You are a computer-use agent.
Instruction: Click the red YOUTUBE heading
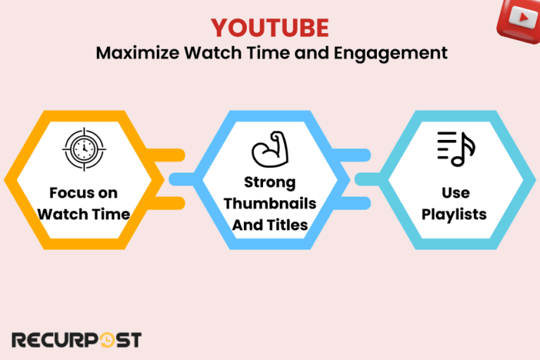pos(270,28)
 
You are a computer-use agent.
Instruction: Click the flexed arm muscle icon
pos(269,150)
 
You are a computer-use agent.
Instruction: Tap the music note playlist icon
pos(456,149)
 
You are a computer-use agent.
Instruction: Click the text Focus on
pos(83,193)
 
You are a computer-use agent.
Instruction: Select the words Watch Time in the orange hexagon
pos(83,214)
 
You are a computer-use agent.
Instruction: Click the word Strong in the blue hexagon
pos(269,182)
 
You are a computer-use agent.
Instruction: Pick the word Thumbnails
pos(269,203)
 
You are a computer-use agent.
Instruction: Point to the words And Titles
pos(269,224)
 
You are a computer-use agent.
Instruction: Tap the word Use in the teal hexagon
pos(456,192)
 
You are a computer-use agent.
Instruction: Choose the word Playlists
pos(456,213)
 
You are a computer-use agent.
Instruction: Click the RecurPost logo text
pos(77,340)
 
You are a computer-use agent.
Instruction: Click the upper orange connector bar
pos(169,155)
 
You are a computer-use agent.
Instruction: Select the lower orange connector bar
pos(169,204)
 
